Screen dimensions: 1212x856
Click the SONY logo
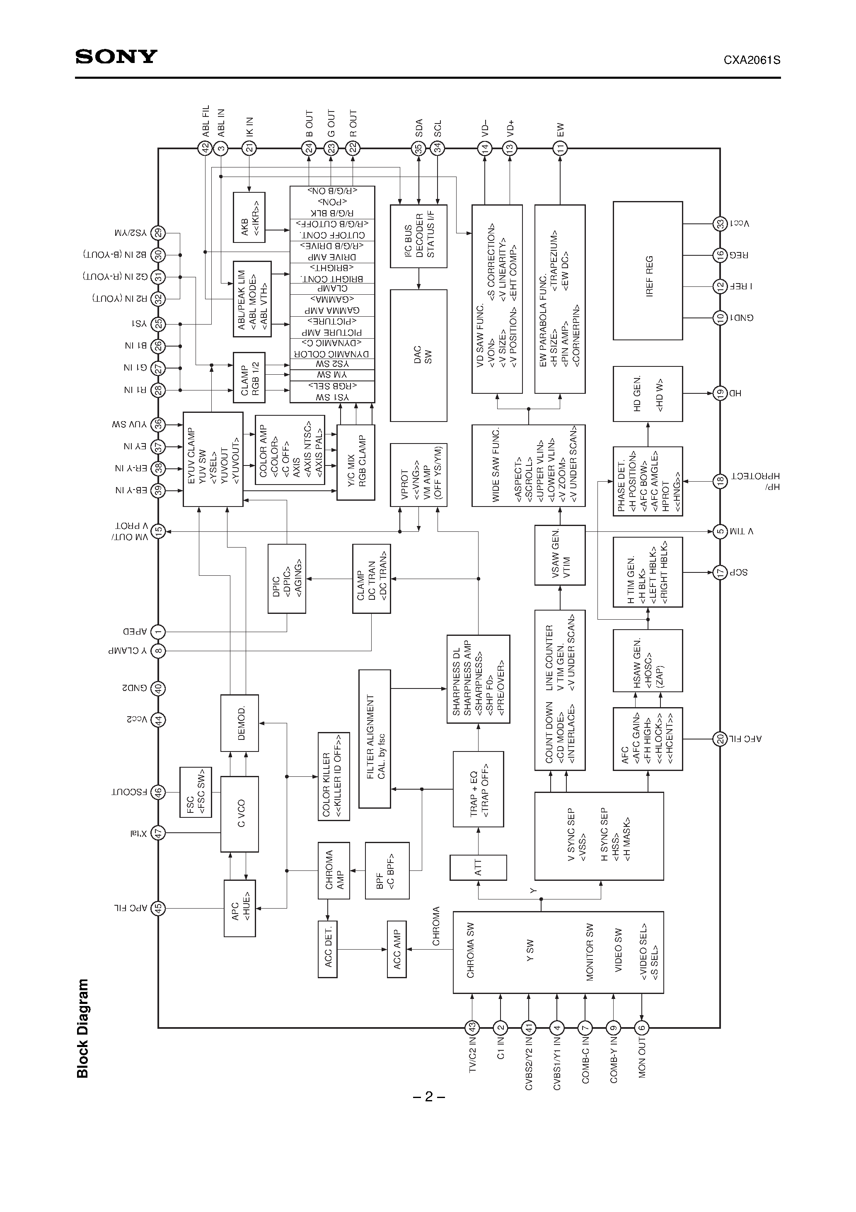pos(116,56)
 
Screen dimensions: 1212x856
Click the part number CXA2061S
pos(752,60)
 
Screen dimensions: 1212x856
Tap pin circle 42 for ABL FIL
pos(205,148)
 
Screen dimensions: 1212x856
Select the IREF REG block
pos(648,270)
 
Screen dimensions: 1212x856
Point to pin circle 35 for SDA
pos(418,148)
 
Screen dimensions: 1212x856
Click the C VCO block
pos(239,813)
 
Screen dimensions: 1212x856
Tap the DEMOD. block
pos(239,722)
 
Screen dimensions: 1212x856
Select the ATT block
pos(478,867)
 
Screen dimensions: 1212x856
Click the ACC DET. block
pos(328,949)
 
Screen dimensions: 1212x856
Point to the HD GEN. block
pos(648,394)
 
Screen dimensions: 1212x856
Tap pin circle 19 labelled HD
pos(720,393)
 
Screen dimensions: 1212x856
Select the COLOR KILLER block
pos(334,776)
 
